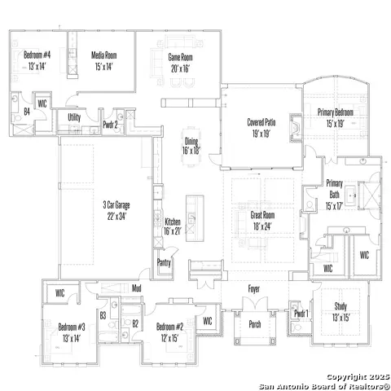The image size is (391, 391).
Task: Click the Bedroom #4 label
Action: pos(37,55)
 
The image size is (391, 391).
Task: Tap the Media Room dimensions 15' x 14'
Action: pos(103,67)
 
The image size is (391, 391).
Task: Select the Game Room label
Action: pos(180,57)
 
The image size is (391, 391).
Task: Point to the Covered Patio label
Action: pos(261,122)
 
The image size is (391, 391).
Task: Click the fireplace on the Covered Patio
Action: pos(296,128)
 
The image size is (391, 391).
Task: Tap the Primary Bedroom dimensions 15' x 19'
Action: pos(336,124)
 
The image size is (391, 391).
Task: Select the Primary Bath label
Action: pos(334,189)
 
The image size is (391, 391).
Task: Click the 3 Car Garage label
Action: pos(116,204)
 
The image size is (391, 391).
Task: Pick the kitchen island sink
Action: pos(191,218)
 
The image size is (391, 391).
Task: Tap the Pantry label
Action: pos(164,262)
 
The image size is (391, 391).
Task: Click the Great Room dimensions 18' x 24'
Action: pos(262,226)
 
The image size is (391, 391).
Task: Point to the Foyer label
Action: pos(254,289)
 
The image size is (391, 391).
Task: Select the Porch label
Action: pos(255,324)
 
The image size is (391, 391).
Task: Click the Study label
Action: pos(340,306)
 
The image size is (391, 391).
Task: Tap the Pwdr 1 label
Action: pos(301,314)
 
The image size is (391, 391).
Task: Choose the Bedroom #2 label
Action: pos(169,327)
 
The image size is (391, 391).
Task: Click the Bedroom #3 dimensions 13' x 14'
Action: pos(72,339)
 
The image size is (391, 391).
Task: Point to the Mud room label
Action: pos(137,288)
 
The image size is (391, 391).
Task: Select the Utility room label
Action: pos(74,117)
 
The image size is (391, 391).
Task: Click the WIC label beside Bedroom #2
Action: pos(208,321)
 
